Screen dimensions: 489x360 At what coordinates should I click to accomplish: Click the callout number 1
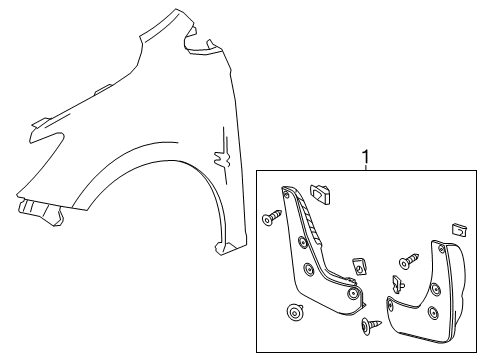click(x=365, y=158)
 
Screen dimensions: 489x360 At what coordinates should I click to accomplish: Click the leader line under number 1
click(x=365, y=169)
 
